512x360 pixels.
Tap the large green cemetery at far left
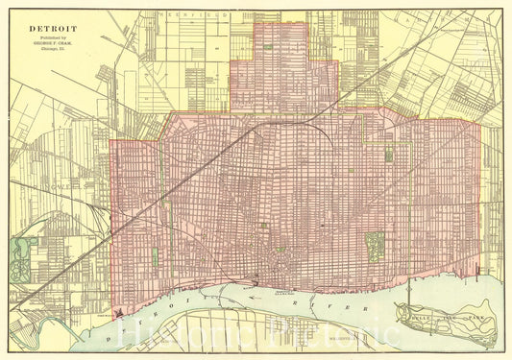[20, 256]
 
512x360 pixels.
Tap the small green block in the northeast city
[389, 154]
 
